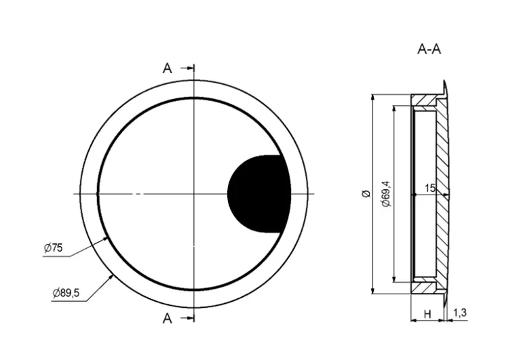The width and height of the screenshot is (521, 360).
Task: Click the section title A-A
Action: pyautogui.click(x=429, y=49)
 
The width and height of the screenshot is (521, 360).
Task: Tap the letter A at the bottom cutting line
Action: pyautogui.click(x=168, y=319)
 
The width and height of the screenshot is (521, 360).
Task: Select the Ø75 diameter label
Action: pyautogui.click(x=53, y=249)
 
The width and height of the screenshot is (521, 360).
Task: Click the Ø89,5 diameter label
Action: pyautogui.click(x=66, y=293)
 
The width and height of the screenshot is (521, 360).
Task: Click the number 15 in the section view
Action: pyautogui.click(x=429, y=188)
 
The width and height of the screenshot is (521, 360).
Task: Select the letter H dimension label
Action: pyautogui.click(x=427, y=313)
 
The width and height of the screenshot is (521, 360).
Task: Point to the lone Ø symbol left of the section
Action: pyautogui.click(x=366, y=194)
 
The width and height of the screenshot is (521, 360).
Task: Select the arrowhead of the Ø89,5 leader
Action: pyautogui.click(x=111, y=276)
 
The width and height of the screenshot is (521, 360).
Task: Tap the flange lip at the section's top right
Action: pyautogui.click(x=446, y=87)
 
